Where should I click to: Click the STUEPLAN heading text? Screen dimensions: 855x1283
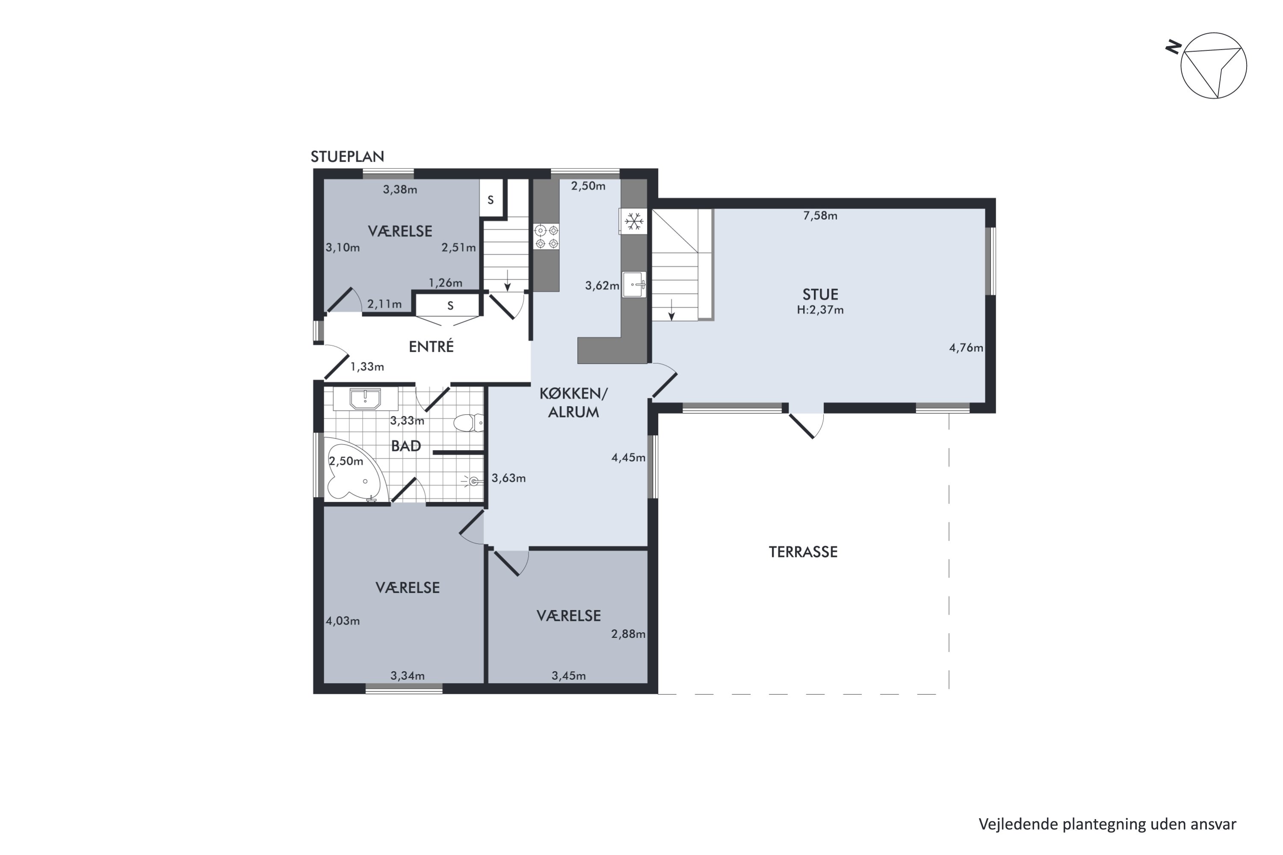[x=347, y=157]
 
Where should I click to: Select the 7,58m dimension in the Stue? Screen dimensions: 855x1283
[x=819, y=216]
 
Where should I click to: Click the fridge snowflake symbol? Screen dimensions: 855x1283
[x=633, y=221]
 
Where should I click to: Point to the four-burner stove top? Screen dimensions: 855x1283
[x=547, y=237]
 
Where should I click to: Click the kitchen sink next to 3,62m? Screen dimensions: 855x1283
[x=634, y=285]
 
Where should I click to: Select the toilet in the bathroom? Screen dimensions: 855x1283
[x=467, y=423]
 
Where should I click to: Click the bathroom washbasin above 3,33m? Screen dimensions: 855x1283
[x=365, y=398]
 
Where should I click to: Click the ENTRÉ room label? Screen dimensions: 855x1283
[x=431, y=347]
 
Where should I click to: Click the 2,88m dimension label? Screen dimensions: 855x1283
[x=628, y=634]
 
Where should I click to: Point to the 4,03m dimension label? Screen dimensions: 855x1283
[x=343, y=621]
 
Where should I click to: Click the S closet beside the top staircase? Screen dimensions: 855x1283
[x=491, y=200]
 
